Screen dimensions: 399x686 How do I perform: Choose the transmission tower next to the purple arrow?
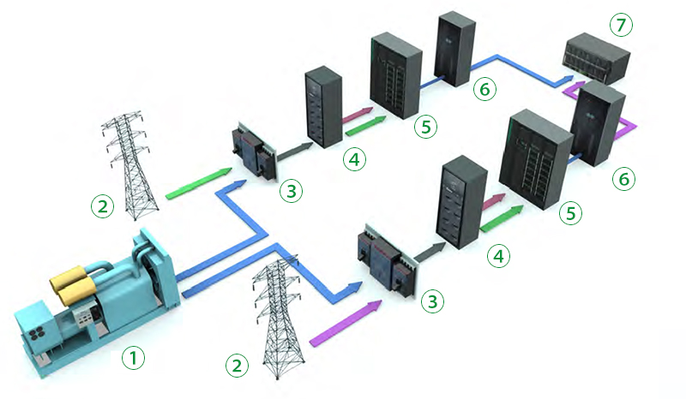click(x=278, y=317)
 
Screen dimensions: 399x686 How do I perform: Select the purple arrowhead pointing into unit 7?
click(x=573, y=88)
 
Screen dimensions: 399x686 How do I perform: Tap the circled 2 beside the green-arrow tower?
click(x=103, y=205)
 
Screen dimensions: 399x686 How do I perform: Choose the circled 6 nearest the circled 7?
click(x=484, y=88)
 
